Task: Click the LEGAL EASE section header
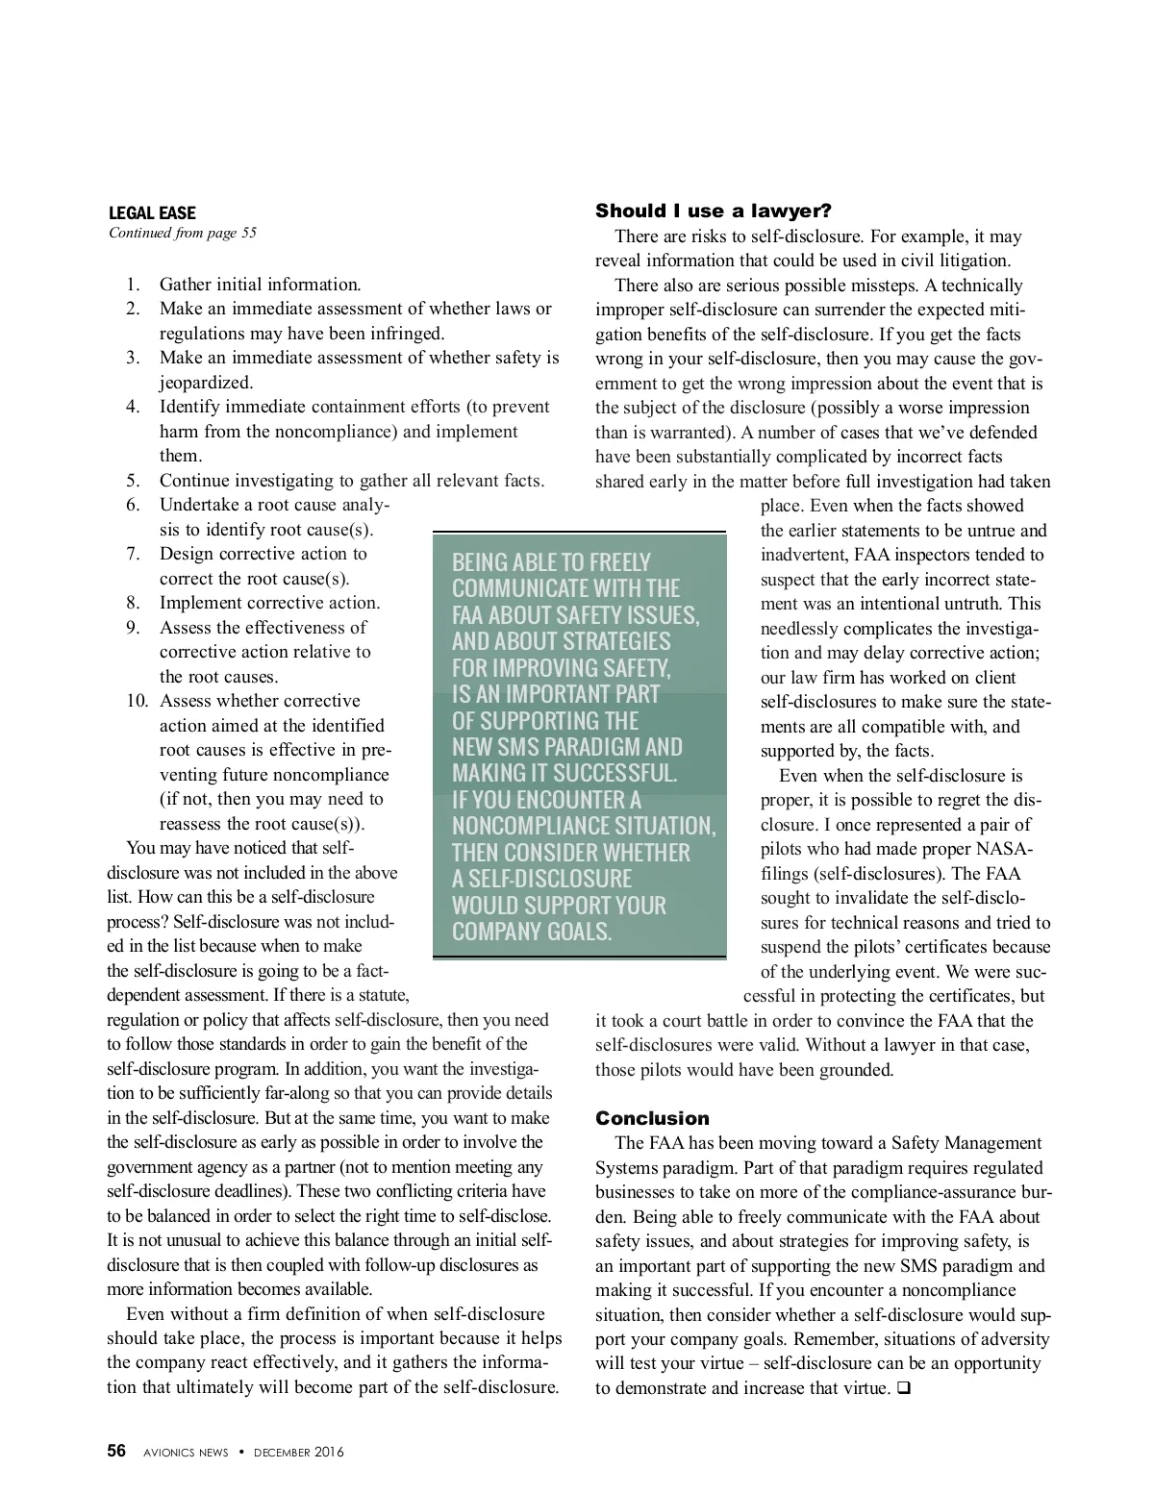pos(152,213)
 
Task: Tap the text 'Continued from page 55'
pos(183,233)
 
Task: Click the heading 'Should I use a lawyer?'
pos(713,211)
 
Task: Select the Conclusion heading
pos(652,1118)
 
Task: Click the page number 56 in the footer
pos(116,1452)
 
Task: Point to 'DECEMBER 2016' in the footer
pos(298,1453)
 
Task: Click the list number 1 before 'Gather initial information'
pos(134,285)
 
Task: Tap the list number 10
pos(137,701)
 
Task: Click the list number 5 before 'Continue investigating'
pos(134,481)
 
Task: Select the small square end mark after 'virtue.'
pos(903,1388)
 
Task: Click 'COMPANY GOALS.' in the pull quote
pos(532,932)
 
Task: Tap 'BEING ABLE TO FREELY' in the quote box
pos(551,562)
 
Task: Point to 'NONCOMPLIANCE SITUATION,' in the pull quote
pos(584,826)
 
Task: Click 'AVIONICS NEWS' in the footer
pos(186,1453)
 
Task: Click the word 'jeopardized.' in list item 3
pos(206,383)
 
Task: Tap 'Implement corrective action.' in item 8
pos(269,603)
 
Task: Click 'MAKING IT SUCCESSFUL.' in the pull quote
pos(564,773)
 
